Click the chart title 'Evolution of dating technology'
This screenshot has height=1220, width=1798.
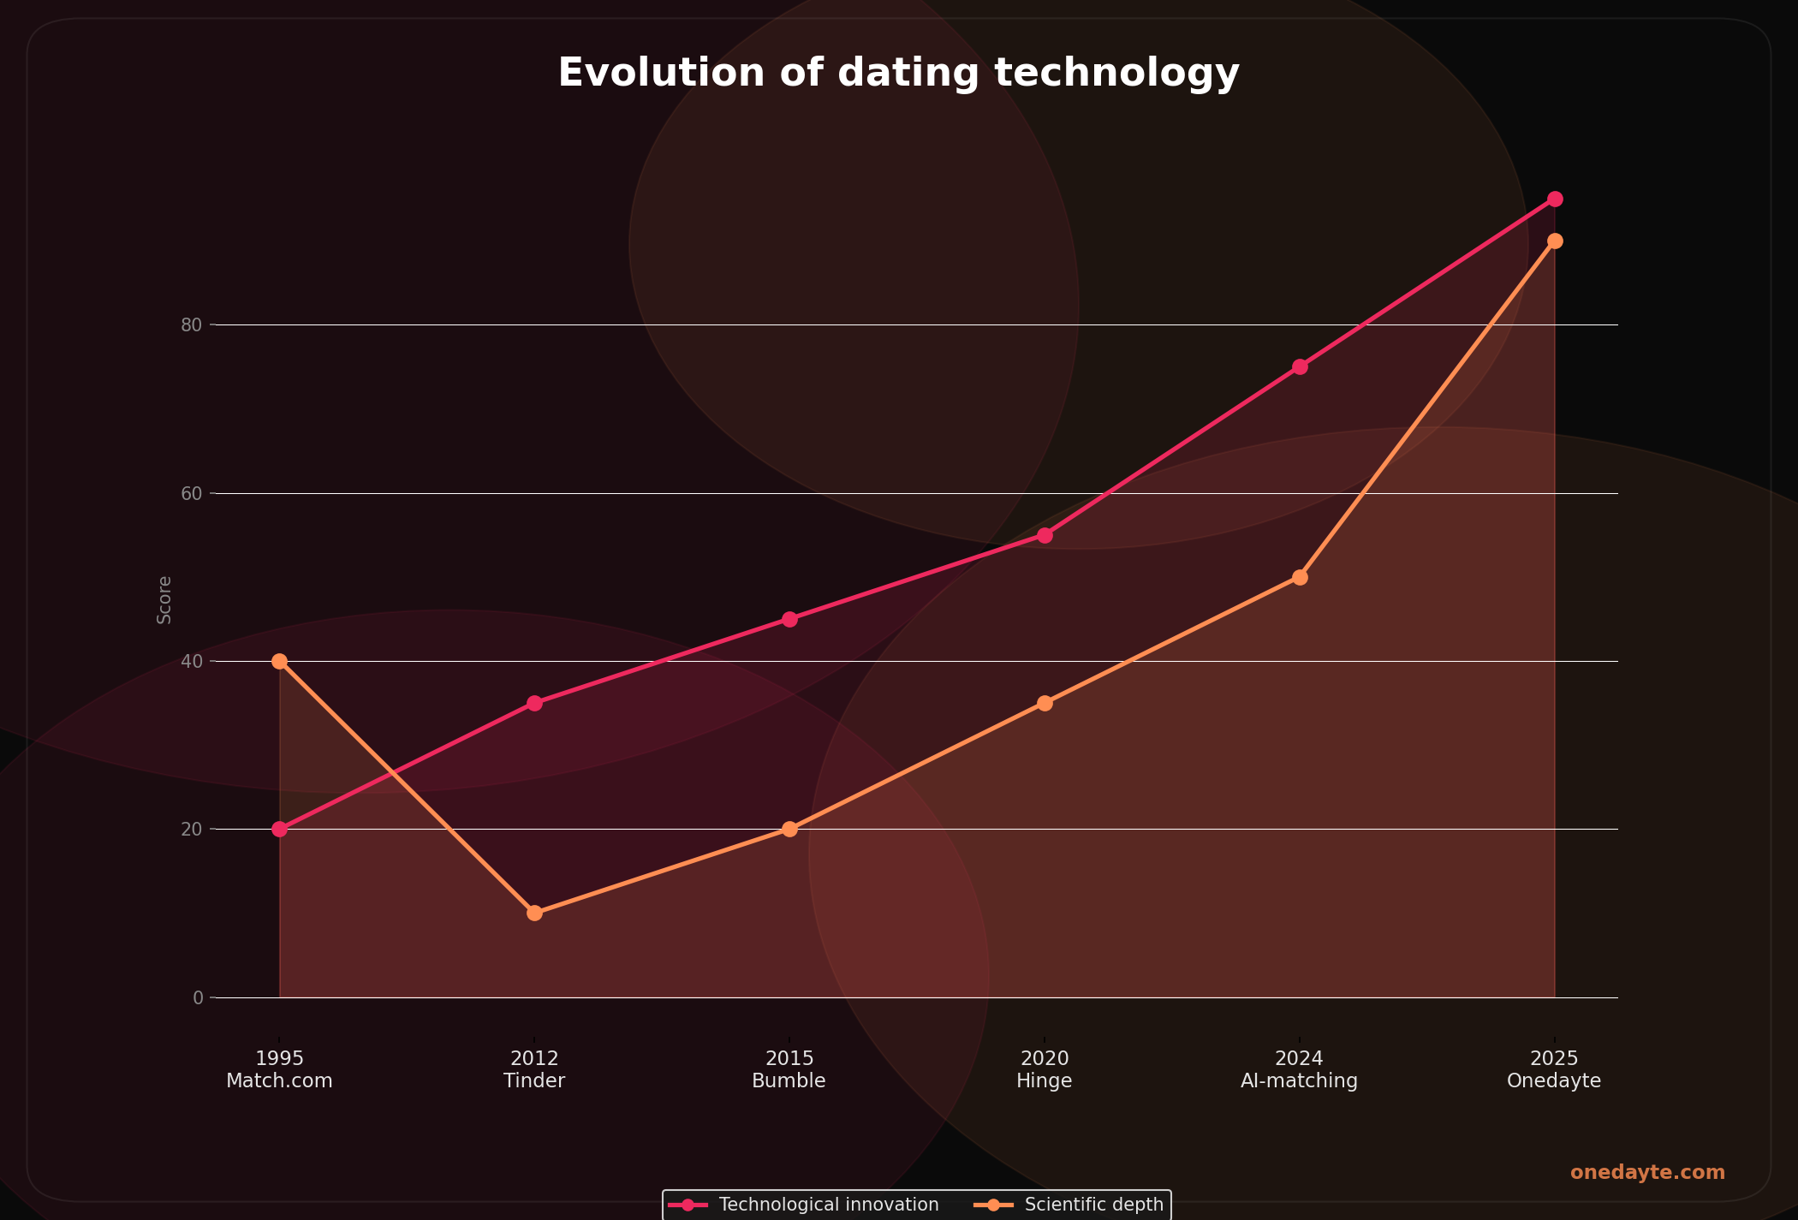click(x=898, y=73)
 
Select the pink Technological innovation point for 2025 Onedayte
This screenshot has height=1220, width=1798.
click(x=1555, y=199)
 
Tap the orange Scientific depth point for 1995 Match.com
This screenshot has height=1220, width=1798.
click(x=279, y=661)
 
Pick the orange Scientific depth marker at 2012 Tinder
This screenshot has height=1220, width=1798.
click(x=534, y=913)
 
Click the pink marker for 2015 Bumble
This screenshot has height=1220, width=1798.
click(x=789, y=619)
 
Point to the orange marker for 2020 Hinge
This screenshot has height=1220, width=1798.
click(x=1045, y=703)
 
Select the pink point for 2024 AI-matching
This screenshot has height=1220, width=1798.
click(x=1300, y=366)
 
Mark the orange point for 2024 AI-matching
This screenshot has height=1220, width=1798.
click(x=1300, y=577)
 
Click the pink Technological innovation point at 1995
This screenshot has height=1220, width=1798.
click(x=279, y=829)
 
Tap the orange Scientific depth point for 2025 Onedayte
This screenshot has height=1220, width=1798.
click(x=1555, y=241)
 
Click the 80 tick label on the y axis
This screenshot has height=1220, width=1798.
click(x=191, y=325)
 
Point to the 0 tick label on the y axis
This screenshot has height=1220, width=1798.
click(x=198, y=997)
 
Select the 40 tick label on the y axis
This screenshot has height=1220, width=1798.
click(x=191, y=662)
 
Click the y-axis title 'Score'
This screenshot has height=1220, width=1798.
click(x=164, y=599)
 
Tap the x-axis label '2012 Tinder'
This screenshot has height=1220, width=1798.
click(x=534, y=1070)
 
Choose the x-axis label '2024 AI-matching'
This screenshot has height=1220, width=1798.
click(x=1299, y=1070)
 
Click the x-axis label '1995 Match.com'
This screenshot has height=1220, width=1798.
click(x=279, y=1070)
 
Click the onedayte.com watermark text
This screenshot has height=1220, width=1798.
click(x=1647, y=1173)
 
